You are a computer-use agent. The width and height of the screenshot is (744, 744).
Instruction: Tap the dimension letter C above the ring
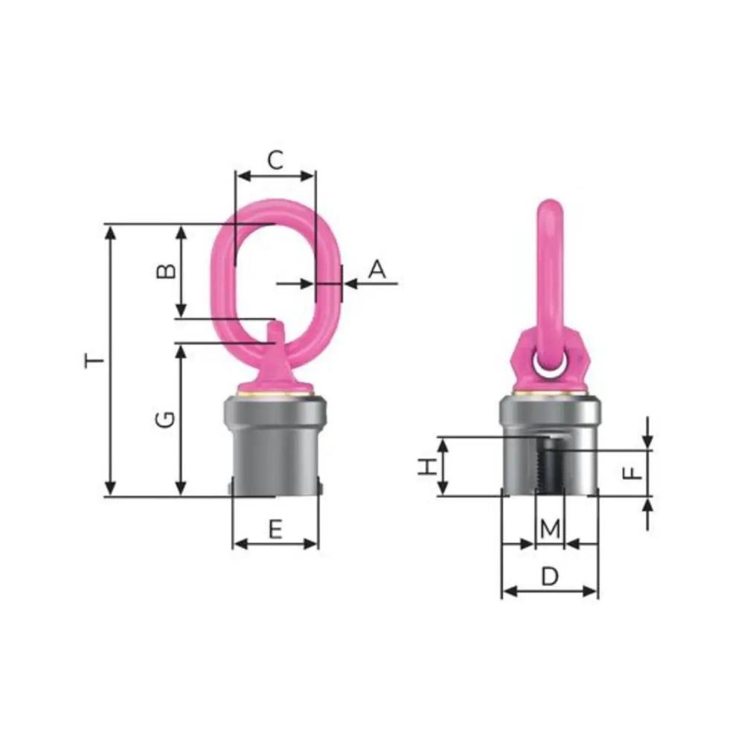click(275, 160)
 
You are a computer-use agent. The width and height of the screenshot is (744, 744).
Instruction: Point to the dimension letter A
click(378, 269)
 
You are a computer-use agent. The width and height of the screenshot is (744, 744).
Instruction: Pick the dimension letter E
click(275, 529)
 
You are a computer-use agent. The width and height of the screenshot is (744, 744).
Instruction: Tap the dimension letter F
click(631, 472)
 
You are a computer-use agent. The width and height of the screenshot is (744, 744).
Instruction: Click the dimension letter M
click(549, 529)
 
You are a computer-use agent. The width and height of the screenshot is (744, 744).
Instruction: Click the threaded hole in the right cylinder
click(549, 465)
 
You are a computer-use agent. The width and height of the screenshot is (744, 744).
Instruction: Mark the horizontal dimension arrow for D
click(549, 591)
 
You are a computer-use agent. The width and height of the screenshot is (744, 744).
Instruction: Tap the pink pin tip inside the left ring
click(275, 328)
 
